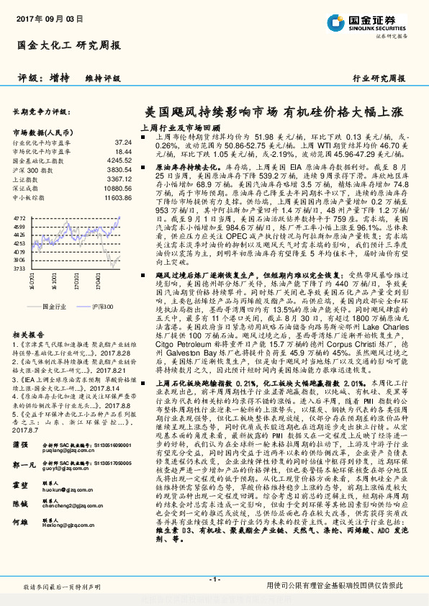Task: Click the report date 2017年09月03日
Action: click(45, 19)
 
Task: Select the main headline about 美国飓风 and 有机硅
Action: click(274, 113)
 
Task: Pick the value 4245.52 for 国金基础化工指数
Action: click(119, 161)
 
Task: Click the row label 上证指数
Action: click(26, 179)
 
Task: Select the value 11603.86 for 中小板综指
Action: click(118, 197)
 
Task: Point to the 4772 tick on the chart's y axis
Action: click(19, 216)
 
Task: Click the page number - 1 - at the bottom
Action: click(214, 579)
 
